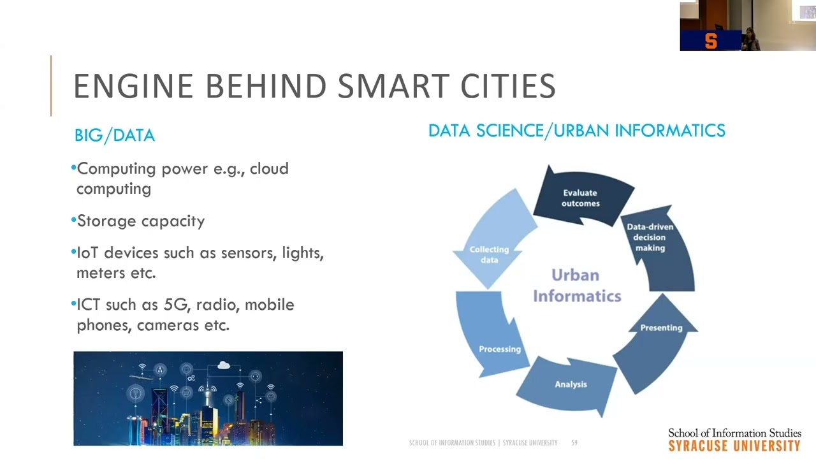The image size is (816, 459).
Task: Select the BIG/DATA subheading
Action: pyautogui.click(x=115, y=135)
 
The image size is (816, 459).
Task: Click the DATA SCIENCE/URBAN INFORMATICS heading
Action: pyautogui.click(x=576, y=131)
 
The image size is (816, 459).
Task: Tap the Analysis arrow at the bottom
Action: pyautogui.click(x=570, y=384)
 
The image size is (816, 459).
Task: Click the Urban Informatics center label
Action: pyautogui.click(x=576, y=286)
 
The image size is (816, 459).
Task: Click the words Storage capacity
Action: pyautogui.click(x=141, y=221)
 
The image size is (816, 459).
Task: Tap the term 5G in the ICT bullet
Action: pyautogui.click(x=176, y=305)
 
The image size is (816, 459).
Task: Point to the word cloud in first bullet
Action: pyautogui.click(x=269, y=169)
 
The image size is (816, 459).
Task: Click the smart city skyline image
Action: pyautogui.click(x=208, y=398)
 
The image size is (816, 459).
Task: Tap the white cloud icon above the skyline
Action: pyautogui.click(x=224, y=365)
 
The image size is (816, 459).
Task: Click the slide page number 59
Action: pyautogui.click(x=574, y=442)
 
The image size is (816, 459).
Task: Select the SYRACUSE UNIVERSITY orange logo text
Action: pyautogui.click(x=734, y=446)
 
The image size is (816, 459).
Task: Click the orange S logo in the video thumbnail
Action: pyautogui.click(x=711, y=41)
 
